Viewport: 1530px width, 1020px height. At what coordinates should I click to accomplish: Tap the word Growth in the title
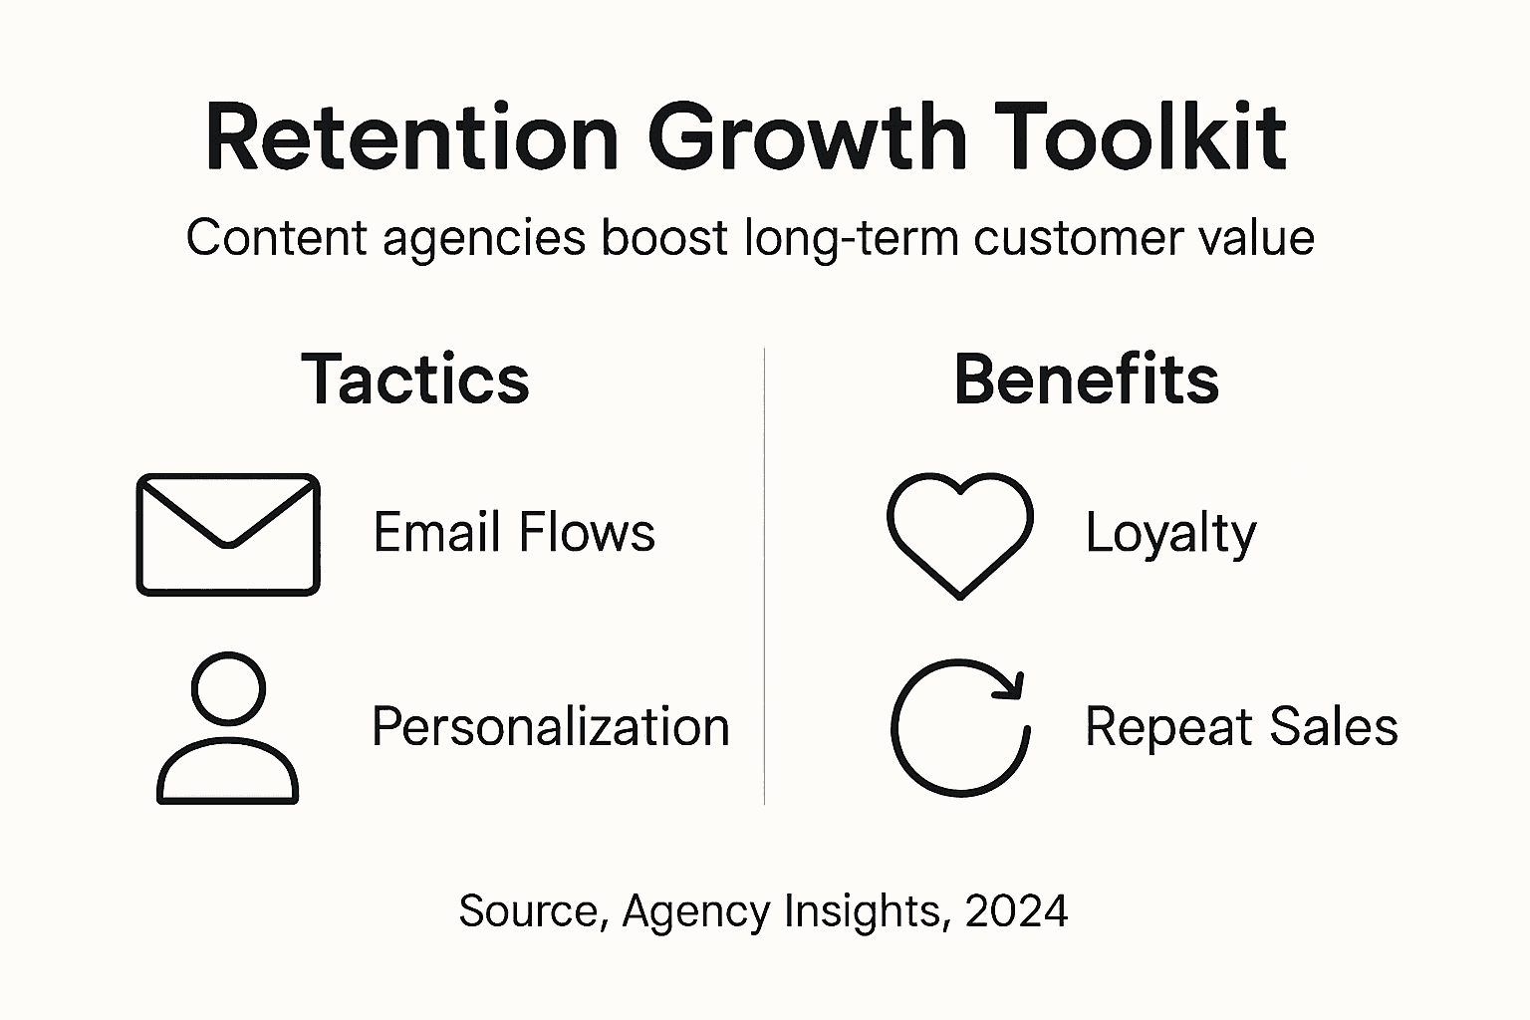(807, 137)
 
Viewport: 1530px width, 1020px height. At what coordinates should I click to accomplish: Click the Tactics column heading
(415, 380)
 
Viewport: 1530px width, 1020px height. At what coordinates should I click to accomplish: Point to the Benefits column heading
(1086, 380)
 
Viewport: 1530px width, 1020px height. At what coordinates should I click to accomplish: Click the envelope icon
(228, 535)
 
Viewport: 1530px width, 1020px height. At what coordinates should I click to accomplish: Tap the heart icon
(959, 534)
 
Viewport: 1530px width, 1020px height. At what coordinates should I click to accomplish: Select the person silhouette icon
(228, 729)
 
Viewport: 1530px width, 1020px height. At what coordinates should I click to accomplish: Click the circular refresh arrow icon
(959, 728)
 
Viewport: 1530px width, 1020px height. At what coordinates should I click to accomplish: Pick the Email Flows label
(514, 532)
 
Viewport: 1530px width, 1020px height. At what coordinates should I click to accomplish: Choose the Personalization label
(550, 726)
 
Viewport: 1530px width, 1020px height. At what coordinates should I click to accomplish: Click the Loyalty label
(1170, 534)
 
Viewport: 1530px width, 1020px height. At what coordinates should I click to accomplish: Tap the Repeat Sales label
(1241, 726)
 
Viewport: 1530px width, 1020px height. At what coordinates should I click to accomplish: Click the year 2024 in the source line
(1016, 910)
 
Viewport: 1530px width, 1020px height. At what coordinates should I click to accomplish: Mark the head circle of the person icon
(228, 688)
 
